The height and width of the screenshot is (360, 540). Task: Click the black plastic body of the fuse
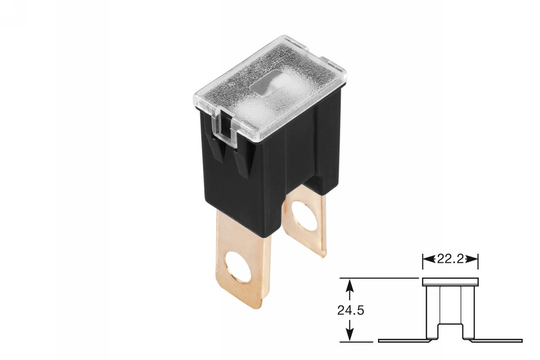(274, 169)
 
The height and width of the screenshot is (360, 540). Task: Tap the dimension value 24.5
(350, 310)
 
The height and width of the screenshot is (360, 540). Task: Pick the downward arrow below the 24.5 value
(349, 335)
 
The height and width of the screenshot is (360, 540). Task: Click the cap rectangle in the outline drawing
(450, 282)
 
